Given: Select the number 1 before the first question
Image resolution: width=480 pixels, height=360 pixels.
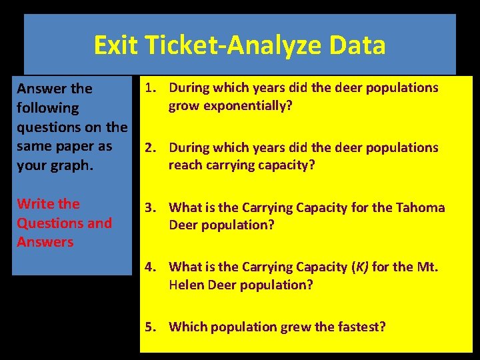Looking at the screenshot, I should (149, 87).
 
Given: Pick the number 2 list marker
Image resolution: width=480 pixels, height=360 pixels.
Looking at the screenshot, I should (149, 147).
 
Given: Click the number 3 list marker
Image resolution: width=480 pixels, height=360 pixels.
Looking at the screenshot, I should (149, 207).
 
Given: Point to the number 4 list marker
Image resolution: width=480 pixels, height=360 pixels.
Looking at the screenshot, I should (149, 267).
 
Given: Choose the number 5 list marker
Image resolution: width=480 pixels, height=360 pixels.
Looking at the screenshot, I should (149, 327).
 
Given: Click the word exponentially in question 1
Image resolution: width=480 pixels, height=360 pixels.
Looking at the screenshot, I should (247, 105).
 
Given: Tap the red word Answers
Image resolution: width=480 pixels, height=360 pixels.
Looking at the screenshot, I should (45, 241).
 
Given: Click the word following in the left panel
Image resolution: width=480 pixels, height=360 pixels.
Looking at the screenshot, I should (47, 107).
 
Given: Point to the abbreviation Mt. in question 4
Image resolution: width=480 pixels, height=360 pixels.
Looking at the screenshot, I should (430, 267).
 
